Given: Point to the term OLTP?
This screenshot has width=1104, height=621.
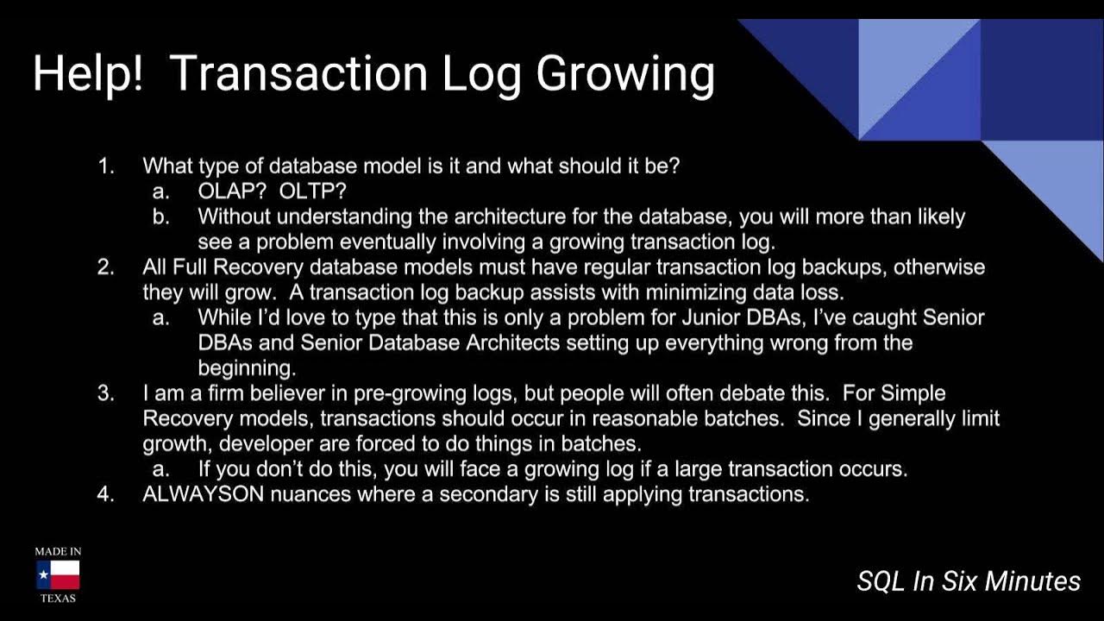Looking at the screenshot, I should click(312, 191).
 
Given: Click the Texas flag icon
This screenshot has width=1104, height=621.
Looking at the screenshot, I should click(58, 574).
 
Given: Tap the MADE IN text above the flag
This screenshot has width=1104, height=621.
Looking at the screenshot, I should click(58, 551).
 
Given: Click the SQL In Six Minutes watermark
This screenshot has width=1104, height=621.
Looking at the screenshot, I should click(968, 581).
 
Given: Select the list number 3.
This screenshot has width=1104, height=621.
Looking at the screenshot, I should click(105, 393).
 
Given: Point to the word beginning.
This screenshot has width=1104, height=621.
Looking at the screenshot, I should click(246, 368).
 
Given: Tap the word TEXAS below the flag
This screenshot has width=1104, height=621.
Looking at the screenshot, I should click(58, 598).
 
